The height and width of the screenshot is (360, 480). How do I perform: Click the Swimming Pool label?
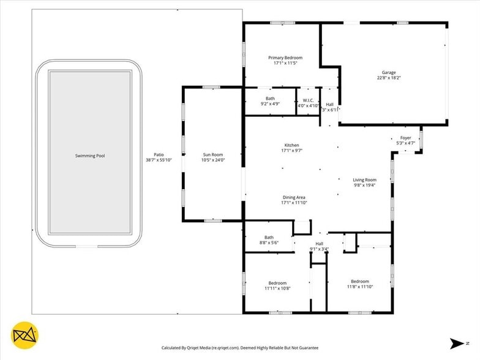90,156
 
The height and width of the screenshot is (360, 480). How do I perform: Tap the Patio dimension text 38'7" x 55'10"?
159,160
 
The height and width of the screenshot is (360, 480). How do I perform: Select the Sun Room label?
213,154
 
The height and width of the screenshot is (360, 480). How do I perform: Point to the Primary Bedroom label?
285,58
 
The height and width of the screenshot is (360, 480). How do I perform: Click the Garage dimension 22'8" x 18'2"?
389,78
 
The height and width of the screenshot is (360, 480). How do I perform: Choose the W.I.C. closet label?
309,100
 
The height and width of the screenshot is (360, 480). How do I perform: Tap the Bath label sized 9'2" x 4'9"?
270,98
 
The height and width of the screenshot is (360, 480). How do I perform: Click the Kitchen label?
291,145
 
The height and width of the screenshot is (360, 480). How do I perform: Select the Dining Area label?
294,197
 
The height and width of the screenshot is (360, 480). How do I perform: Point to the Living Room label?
365,180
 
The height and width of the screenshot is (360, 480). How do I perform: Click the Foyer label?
405,138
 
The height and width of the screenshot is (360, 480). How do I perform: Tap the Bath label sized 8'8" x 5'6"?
269,238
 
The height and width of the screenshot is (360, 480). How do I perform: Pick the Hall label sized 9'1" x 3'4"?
320,244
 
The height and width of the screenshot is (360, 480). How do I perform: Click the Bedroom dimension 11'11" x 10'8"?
278,288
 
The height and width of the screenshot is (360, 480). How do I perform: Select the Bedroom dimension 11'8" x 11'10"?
360,287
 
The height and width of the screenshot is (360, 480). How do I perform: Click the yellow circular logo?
24,336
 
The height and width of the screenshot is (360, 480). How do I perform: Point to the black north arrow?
457,343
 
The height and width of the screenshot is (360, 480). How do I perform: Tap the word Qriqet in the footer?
193,348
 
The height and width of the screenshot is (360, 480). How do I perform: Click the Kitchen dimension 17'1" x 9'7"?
291,151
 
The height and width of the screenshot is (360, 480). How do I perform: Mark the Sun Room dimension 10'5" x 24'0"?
213,160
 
